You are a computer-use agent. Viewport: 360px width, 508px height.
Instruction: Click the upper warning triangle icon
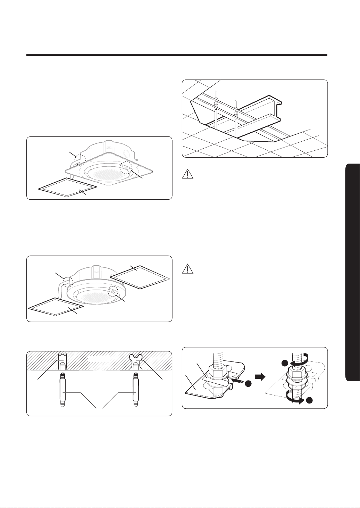point(188,174)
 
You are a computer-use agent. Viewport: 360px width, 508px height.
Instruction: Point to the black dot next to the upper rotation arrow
point(285,363)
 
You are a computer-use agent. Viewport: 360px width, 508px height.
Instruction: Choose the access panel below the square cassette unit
point(67,188)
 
